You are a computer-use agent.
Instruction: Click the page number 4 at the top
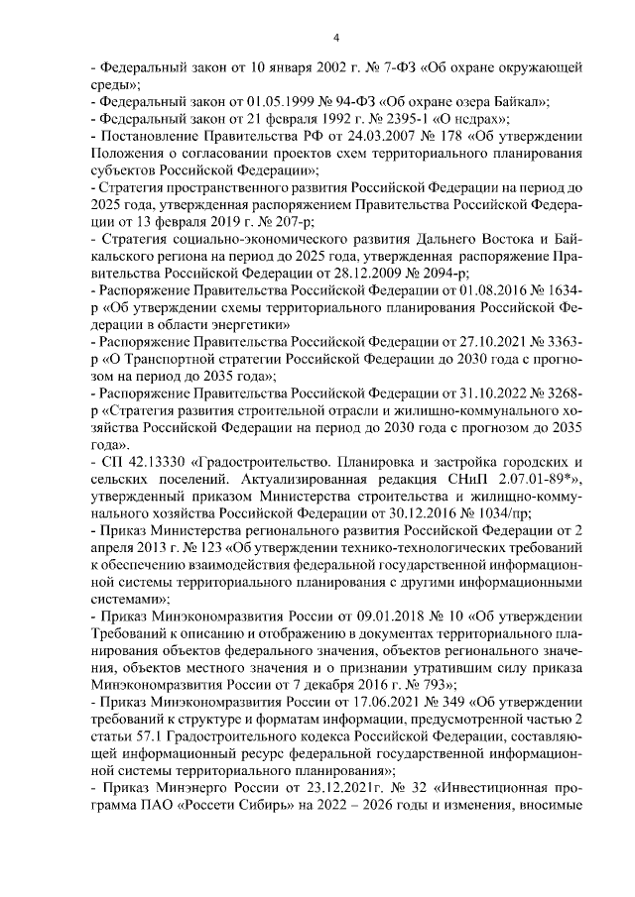pyautogui.click(x=335, y=38)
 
